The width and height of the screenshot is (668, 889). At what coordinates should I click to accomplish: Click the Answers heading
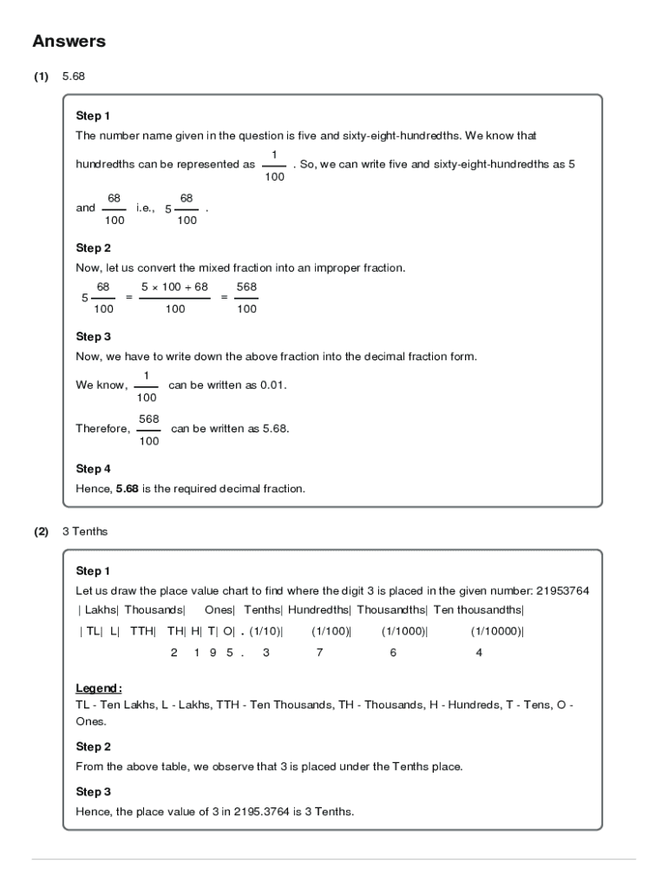pos(69,41)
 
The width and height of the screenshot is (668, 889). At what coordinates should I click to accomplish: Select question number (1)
pos(41,76)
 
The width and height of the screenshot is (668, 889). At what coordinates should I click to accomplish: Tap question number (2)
pos(41,531)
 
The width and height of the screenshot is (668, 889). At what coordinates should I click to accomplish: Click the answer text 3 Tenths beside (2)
pos(85,531)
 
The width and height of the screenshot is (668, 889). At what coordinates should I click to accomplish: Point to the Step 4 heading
pos(93,469)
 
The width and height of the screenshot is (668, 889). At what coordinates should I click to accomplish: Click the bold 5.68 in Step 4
pos(127,489)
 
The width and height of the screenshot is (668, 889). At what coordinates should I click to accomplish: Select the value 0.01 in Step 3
pos(272,385)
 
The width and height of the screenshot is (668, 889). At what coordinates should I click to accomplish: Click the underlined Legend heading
pos(98,688)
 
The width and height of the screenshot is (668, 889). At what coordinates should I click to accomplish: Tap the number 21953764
pos(562,591)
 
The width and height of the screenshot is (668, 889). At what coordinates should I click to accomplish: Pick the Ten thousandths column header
pos(478,610)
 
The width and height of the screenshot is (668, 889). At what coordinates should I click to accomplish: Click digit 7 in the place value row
pos(319,653)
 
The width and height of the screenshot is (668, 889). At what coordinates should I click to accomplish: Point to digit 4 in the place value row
pos(479,653)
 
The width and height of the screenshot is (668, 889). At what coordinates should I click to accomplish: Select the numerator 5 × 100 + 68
pos(174,286)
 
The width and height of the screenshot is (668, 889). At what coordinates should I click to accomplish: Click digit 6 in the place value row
pos(393,653)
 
